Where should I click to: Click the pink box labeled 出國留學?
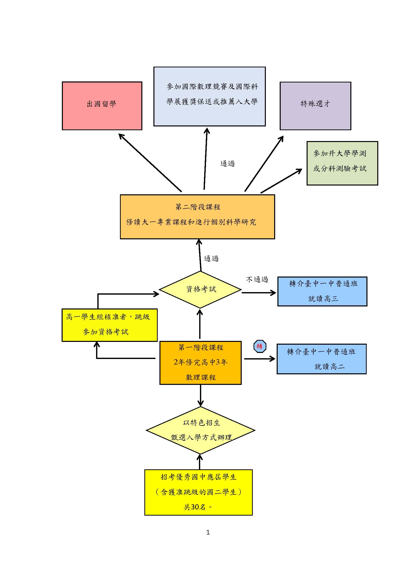[102, 106]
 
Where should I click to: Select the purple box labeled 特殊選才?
[315, 106]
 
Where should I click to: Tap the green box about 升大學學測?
[342, 163]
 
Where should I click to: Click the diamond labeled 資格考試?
[200, 290]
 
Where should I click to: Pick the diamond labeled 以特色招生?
[200, 430]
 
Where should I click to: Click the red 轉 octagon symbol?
[260, 346]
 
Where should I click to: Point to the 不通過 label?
[257, 279]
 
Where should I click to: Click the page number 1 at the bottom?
[208, 532]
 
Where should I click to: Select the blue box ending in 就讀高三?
[322, 291]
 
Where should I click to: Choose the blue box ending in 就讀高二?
[321, 359]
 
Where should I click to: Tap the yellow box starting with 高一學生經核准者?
[110, 325]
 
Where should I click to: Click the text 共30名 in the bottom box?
[195, 507]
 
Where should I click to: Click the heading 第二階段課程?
[198, 207]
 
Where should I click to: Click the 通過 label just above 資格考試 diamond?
[211, 258]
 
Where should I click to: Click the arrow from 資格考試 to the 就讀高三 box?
[259, 292]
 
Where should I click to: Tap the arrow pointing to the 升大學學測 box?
[281, 181]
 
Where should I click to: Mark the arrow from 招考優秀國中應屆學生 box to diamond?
[200, 462]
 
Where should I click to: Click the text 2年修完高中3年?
[200, 362]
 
